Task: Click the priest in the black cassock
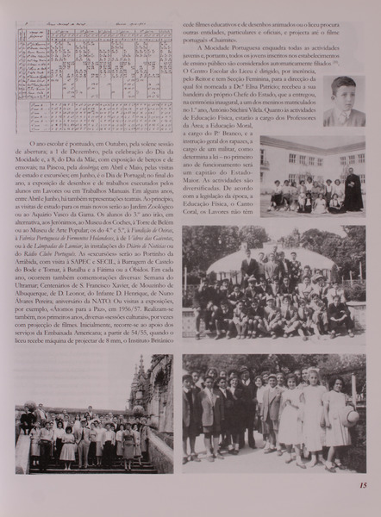[x=353, y=190]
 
